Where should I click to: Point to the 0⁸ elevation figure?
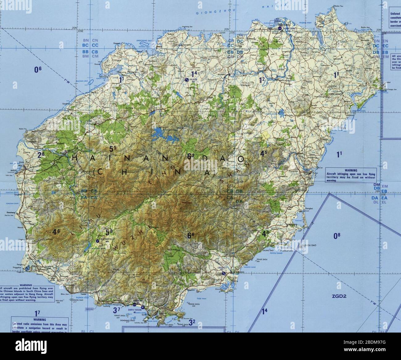pos(337,236)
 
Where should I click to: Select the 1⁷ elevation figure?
pos(38,313)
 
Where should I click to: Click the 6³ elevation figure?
pos(191,156)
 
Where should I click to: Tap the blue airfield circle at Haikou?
pos(279,28)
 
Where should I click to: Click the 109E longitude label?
pos(81,31)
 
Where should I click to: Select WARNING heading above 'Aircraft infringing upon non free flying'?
pos(351,170)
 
